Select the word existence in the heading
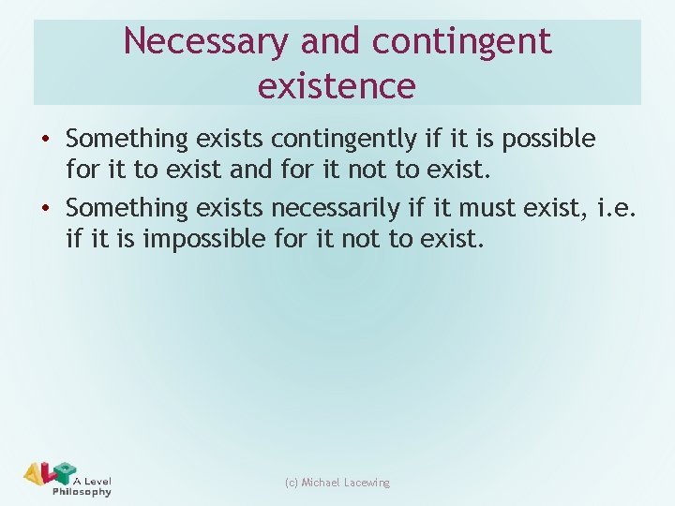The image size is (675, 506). coord(337,86)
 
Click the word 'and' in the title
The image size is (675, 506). coord(331,41)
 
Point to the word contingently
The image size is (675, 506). coord(343,140)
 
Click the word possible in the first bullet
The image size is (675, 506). coord(548,140)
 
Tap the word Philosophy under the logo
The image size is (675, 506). coord(82,491)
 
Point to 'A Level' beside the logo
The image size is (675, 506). coord(93,480)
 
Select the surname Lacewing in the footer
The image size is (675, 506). coord(367,483)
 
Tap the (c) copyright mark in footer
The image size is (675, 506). coord(291,483)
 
